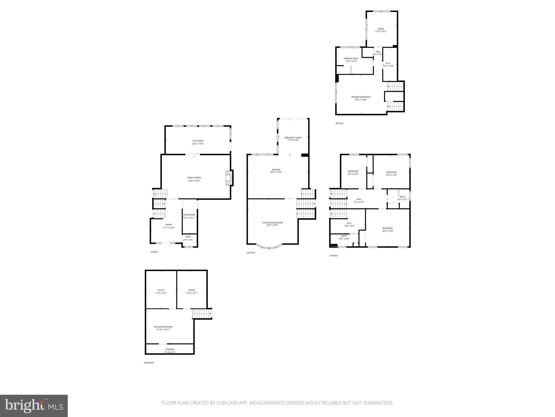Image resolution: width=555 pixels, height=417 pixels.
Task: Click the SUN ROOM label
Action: [x=198, y=141]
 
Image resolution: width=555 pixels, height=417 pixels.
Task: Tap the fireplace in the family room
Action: [x=229, y=178]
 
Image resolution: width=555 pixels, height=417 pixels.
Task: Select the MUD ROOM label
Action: [x=189, y=215]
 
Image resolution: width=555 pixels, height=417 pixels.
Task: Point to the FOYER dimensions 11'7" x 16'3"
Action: [x=169, y=228]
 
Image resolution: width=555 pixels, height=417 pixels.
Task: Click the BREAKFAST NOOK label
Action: [x=293, y=138]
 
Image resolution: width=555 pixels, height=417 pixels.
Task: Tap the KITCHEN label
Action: [x=276, y=170]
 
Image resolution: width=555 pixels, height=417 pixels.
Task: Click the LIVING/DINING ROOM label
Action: [x=272, y=223]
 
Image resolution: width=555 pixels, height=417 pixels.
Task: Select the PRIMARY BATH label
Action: [x=351, y=58]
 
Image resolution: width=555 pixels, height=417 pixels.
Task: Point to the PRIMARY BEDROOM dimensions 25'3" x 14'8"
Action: [x=361, y=100]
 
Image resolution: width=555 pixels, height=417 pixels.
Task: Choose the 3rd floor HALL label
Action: [x=359, y=199]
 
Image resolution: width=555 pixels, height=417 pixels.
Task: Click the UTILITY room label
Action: [x=161, y=290]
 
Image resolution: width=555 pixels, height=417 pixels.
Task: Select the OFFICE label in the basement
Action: [x=192, y=290]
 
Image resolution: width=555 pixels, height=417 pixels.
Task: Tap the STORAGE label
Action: [x=170, y=349]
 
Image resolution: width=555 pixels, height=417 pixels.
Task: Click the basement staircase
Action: [x=202, y=314]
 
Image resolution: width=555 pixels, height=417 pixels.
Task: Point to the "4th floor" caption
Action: [x=339, y=123]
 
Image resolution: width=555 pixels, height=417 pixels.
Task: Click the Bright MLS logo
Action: [x=34, y=406]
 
